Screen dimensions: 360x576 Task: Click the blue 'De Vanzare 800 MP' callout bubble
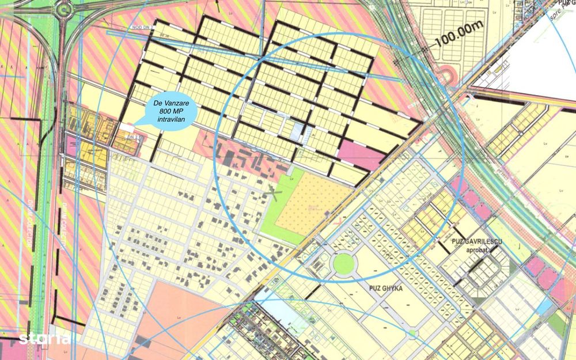[x=169, y=111]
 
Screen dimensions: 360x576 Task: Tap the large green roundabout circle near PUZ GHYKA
[x=343, y=264]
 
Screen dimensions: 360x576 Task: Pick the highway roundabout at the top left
[x=63, y=9]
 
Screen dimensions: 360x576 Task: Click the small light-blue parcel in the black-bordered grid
[x=298, y=132]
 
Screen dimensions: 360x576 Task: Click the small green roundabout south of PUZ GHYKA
[x=412, y=332]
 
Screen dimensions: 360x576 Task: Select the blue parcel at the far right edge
[x=543, y=308]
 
